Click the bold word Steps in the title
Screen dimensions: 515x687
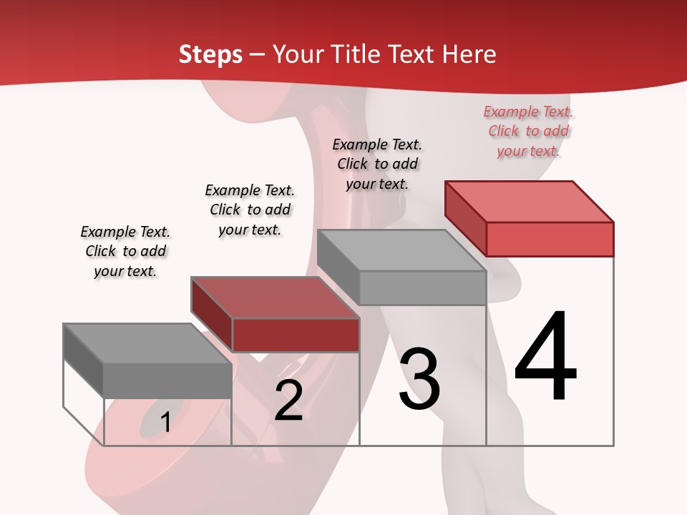coord(210,54)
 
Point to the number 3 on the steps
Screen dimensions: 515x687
coord(419,379)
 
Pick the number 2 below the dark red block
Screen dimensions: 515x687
coord(288,401)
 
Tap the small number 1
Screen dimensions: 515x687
coord(166,422)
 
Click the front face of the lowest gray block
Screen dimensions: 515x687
coord(167,381)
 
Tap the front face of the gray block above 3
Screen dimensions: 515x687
coord(422,288)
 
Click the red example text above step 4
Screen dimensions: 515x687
coord(528,132)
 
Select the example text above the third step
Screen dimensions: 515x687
coord(377,164)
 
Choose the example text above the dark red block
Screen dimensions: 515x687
coord(250,210)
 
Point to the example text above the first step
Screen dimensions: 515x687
coord(125,251)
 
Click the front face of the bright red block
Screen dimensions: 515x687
coord(550,239)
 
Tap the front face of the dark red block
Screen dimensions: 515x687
coord(296,335)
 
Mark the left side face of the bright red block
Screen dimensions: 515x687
coord(465,217)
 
